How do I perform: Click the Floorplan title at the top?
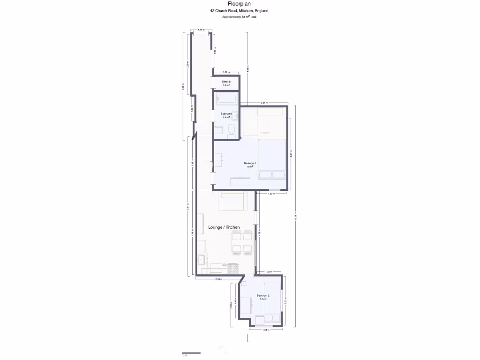click(x=239, y=3)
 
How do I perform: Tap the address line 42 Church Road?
click(x=239, y=10)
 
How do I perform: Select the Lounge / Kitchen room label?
click(x=224, y=227)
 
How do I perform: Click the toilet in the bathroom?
click(x=231, y=129)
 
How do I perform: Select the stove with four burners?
click(x=233, y=269)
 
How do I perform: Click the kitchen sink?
click(x=202, y=259)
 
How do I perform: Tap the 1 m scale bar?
click(x=191, y=353)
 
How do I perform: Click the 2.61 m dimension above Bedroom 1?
click(x=263, y=103)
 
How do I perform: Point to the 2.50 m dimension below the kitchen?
click(x=218, y=279)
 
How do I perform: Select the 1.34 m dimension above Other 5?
click(x=226, y=72)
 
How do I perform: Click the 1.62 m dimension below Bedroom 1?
click(x=271, y=194)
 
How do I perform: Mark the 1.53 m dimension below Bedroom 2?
click(x=265, y=330)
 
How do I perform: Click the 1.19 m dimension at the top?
click(x=201, y=30)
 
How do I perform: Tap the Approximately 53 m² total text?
click(x=239, y=17)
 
